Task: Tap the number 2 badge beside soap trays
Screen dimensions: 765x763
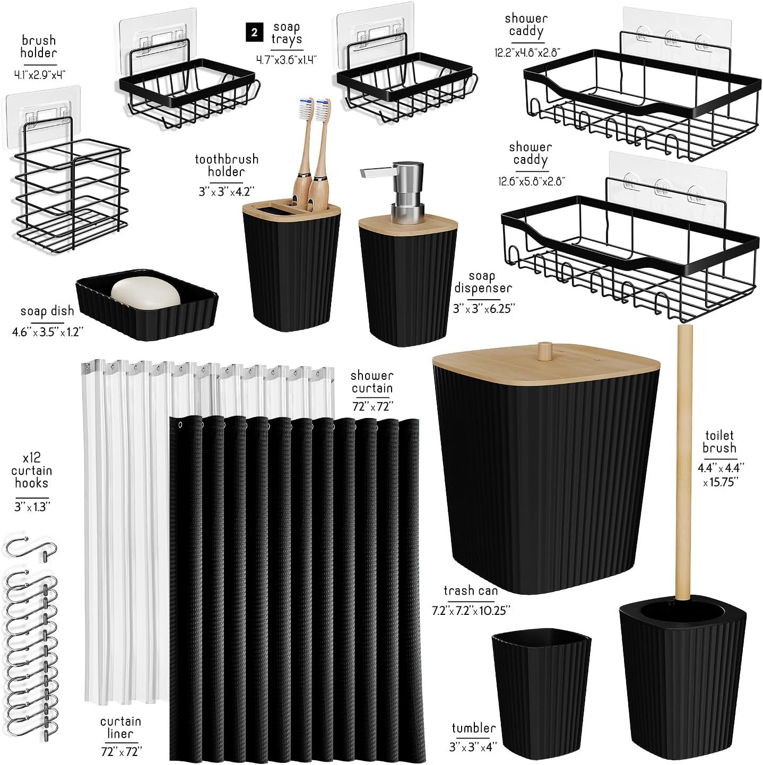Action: pyautogui.click(x=255, y=33)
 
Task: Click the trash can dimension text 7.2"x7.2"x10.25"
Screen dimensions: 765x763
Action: pyautogui.click(x=471, y=611)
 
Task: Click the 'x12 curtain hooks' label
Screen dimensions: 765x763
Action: pyautogui.click(x=32, y=470)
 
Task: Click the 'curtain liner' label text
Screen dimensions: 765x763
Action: pyautogui.click(x=121, y=727)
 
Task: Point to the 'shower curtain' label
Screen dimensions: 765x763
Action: pyautogui.click(x=372, y=382)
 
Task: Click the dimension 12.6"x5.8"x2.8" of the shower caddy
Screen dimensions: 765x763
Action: pyautogui.click(x=531, y=181)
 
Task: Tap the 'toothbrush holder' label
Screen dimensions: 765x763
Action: pyautogui.click(x=227, y=165)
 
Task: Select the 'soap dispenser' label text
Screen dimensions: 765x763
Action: pyautogui.click(x=483, y=282)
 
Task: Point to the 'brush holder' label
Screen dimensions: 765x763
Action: pyautogui.click(x=39, y=47)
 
